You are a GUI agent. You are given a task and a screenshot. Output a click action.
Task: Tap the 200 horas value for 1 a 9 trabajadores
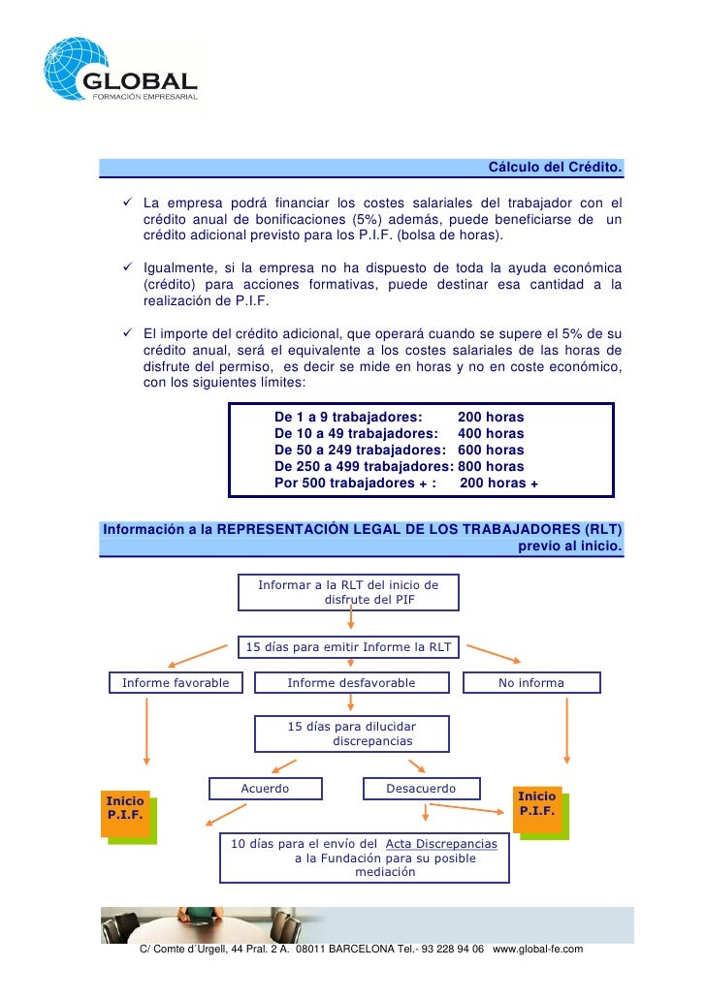click(x=490, y=418)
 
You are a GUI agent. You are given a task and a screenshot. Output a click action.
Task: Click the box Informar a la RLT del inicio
click(x=348, y=592)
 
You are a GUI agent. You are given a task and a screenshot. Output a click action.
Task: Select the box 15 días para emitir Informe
click(x=348, y=647)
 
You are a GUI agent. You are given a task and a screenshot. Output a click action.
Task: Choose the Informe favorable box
click(x=176, y=683)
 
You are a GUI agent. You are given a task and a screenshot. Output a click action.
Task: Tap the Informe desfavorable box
click(x=351, y=683)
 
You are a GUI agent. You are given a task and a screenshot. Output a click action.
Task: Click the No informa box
click(x=531, y=683)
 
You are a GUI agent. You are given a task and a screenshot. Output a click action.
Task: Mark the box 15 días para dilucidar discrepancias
click(x=351, y=733)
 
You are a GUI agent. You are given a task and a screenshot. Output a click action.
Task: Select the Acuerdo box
click(x=265, y=789)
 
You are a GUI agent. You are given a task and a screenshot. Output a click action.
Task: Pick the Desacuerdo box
click(x=421, y=789)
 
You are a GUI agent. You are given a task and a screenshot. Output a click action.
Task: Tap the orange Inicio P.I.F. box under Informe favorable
click(x=125, y=808)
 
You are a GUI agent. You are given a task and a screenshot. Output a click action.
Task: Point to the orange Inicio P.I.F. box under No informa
click(x=537, y=803)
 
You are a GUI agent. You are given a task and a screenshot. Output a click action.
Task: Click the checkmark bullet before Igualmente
click(x=127, y=265)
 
